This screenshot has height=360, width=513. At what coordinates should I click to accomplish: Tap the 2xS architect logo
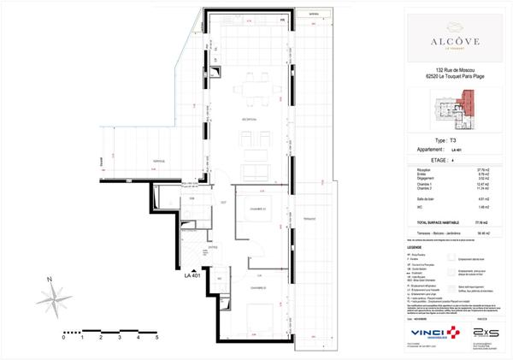point(488,329)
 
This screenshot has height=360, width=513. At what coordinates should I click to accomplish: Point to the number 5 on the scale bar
point(156,338)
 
